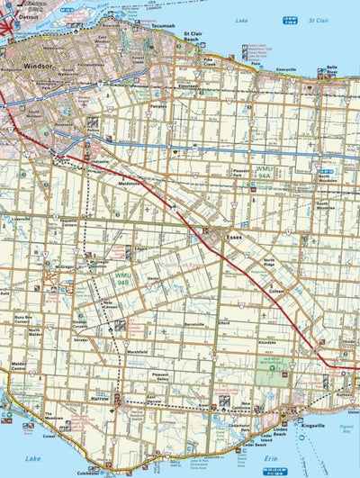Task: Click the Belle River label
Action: click(x=331, y=69)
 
